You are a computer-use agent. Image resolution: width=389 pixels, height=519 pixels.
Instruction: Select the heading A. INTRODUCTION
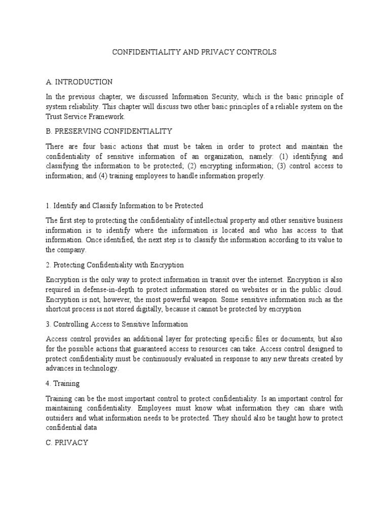click(x=79, y=82)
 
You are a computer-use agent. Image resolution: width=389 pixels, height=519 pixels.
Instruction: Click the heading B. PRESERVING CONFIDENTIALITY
click(x=109, y=131)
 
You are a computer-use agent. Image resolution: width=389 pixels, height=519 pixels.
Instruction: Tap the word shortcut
click(x=58, y=309)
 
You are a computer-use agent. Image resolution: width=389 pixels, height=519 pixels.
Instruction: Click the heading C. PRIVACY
click(x=67, y=442)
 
